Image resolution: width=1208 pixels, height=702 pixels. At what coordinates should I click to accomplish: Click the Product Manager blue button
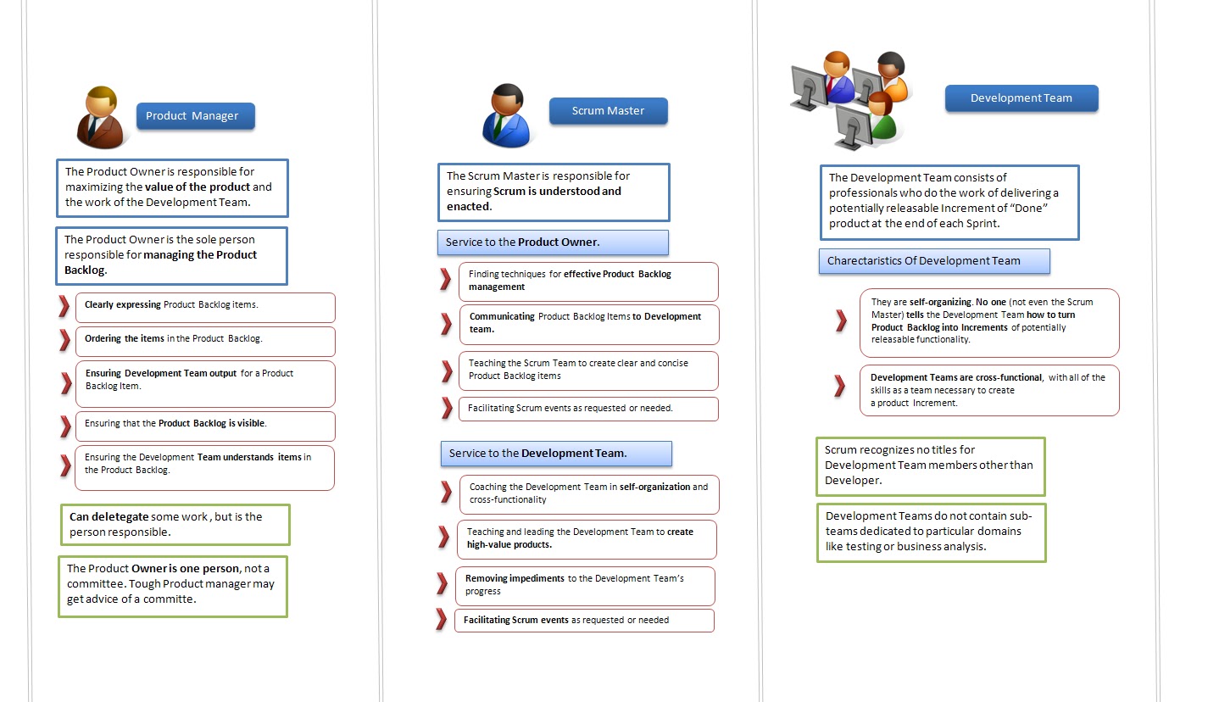point(195,116)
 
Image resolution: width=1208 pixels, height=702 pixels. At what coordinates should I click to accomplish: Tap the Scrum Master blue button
point(608,111)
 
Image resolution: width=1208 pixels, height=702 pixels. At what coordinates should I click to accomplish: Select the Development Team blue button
point(1021,98)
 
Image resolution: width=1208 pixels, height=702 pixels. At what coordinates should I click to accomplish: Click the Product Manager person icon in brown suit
point(101,119)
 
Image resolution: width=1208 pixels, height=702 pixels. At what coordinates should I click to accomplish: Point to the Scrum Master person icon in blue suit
point(506,116)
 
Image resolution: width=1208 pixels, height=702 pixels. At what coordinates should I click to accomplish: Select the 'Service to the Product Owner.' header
point(553,242)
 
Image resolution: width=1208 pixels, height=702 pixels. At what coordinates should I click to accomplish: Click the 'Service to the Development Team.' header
point(556,454)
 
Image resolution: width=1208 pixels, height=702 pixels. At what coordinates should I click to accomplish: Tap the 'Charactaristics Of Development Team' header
point(933,261)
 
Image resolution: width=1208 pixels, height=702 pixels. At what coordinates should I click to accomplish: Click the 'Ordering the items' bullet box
point(205,339)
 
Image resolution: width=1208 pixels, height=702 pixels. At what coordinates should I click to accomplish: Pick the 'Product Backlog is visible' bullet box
point(205,424)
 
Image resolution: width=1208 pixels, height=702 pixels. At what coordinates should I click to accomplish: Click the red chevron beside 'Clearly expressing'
point(64,306)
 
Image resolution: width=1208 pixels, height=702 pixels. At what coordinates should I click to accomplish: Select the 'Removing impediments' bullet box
point(585,585)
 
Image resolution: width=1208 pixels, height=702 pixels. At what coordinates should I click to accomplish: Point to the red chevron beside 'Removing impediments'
point(442,583)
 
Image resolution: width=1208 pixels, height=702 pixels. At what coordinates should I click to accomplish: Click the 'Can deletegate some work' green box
point(175,525)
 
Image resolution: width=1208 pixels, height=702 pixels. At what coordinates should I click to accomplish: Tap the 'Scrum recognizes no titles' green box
point(930,465)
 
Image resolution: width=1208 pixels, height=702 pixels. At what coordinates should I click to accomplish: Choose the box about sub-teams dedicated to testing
point(930,532)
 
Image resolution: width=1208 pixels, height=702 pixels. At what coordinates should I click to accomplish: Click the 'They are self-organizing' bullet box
point(988,321)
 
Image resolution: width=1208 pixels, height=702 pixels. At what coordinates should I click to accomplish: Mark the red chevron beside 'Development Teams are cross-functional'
point(839,386)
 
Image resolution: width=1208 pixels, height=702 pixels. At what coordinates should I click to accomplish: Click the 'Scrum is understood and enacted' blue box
point(553,192)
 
